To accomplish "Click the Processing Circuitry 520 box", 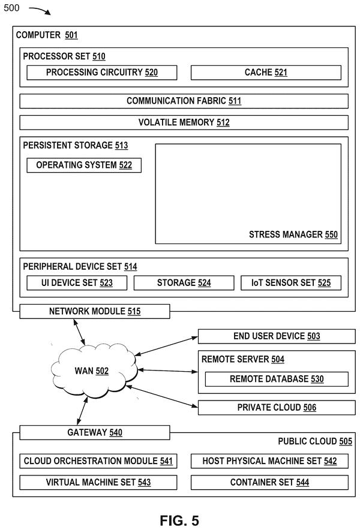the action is tap(101, 73).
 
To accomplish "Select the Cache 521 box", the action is tap(266, 73).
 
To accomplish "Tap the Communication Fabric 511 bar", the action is tap(184, 101).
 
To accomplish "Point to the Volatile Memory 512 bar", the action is tap(184, 122).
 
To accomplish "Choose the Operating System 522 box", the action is tap(84, 165).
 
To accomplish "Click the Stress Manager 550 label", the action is tap(293, 234).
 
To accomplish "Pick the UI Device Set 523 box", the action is tap(77, 283).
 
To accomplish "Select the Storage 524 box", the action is tap(184, 283).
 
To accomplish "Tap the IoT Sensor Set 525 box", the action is tap(291, 283).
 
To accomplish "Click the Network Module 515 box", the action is tap(95, 311).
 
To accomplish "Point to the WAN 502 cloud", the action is tap(94, 371).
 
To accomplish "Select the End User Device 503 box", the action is tap(277, 336).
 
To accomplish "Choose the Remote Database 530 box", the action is tap(277, 380).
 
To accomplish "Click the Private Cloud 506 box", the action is tap(277, 408).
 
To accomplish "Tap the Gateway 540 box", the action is tap(95, 433).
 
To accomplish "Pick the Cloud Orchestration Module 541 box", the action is tap(98, 461).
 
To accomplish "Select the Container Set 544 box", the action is tap(269, 483).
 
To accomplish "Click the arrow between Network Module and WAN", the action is tap(80, 332).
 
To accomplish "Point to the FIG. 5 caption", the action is tap(179, 520).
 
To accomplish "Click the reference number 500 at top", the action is tap(11, 8).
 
